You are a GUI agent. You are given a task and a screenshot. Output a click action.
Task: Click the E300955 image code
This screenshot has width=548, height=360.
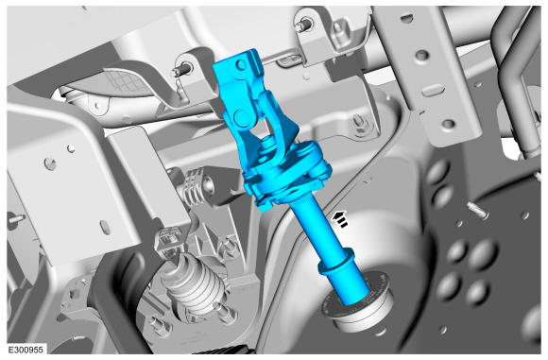(26, 350)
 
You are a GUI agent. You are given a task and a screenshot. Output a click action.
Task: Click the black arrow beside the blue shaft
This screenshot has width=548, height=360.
(340, 218)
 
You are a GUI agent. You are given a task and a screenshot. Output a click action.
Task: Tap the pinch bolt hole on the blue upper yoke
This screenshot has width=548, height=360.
(240, 64)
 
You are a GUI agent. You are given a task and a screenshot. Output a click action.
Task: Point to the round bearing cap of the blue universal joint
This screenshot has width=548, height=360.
(243, 117)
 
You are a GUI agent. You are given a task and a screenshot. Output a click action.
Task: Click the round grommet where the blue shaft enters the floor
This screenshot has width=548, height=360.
(359, 303)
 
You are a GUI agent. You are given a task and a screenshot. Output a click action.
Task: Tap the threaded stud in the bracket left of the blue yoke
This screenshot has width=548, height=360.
(181, 70)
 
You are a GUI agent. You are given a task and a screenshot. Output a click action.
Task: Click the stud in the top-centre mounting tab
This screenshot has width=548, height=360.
(303, 26)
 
